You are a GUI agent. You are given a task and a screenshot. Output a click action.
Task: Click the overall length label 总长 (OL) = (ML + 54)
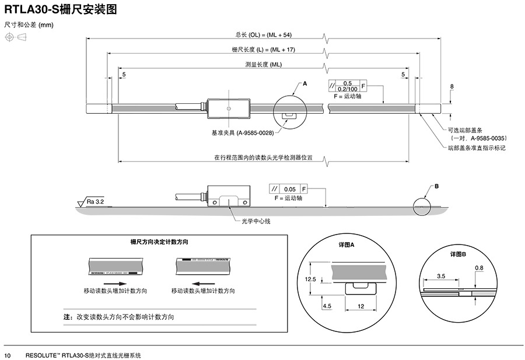[x=264, y=35]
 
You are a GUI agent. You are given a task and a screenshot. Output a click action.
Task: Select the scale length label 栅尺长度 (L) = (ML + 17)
[x=264, y=50]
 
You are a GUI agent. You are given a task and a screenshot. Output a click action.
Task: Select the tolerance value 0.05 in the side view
[x=289, y=189]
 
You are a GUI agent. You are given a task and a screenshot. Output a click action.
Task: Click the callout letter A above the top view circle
[x=304, y=85]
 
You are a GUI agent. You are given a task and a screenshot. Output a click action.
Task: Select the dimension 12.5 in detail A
[x=310, y=279]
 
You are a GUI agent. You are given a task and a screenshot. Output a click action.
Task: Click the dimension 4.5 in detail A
[x=327, y=305]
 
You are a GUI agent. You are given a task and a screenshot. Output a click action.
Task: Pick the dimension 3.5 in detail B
[x=440, y=275]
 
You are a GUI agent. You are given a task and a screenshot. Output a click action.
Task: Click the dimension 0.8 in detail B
[x=479, y=268]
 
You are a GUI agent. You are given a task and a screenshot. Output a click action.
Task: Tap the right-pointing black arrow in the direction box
[x=114, y=281]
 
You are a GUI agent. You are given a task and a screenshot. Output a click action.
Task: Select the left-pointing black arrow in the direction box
[x=202, y=281]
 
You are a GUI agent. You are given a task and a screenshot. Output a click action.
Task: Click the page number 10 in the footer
[x=8, y=355]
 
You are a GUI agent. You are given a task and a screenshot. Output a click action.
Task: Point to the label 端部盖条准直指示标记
[x=475, y=148]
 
